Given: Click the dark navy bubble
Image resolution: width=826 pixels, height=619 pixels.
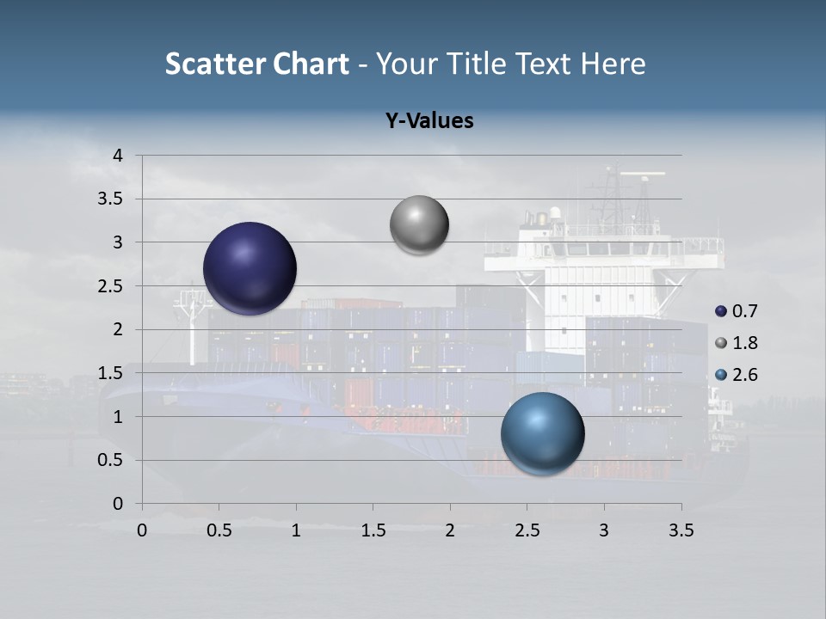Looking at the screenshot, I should click(250, 268).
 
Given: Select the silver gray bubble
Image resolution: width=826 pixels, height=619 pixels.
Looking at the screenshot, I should click(419, 225).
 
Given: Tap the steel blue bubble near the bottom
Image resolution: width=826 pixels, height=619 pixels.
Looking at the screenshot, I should click(543, 433).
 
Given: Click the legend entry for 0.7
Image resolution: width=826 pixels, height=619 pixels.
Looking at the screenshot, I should click(737, 311).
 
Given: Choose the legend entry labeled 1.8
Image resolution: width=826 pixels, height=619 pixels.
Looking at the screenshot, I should click(737, 343).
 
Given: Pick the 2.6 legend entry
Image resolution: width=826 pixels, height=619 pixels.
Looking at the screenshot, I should click(737, 375).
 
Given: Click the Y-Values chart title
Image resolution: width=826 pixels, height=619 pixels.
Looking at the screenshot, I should click(428, 121).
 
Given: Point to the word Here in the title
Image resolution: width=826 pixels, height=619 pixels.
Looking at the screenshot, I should click(613, 64).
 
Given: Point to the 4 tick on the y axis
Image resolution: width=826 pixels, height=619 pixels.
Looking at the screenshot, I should click(119, 156).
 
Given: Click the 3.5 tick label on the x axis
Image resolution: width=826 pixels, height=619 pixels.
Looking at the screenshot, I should click(681, 530).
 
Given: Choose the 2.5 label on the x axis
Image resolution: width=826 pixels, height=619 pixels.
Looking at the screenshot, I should click(527, 530).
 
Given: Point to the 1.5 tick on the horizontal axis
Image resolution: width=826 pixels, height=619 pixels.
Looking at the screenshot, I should click(373, 530).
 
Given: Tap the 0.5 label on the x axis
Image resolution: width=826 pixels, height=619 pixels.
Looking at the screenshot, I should click(219, 530).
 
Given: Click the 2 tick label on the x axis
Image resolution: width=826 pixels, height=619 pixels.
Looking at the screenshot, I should click(450, 530).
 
